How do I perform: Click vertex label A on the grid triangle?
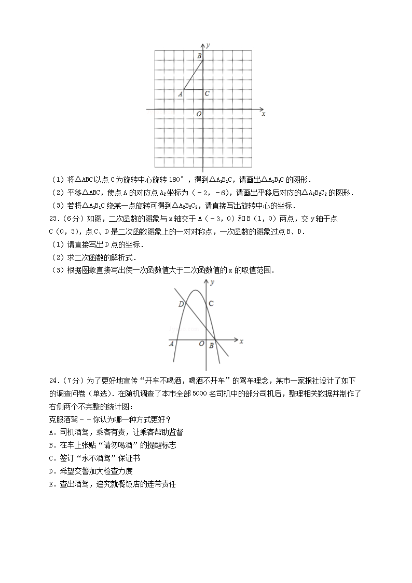point(180,94)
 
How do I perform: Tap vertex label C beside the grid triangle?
point(207,93)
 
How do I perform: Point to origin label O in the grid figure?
point(198,114)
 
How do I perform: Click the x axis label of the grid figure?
point(264,113)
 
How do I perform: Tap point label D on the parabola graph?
point(181,304)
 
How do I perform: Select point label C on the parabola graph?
point(211,303)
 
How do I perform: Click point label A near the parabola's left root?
point(171,343)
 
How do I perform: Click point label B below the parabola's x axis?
point(211,345)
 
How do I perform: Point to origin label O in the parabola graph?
point(201,343)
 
